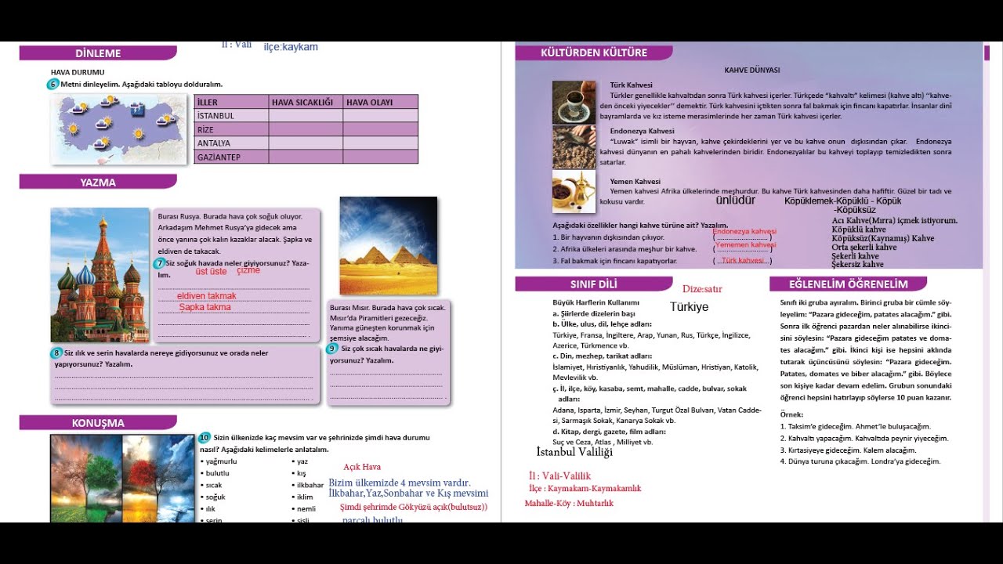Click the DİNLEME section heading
(98, 53)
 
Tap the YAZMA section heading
(98, 183)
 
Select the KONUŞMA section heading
(98, 423)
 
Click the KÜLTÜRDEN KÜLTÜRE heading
(594, 52)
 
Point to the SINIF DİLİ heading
(593, 284)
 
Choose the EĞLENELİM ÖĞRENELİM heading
(848, 284)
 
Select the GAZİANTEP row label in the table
(219, 157)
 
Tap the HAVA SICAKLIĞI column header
(302, 102)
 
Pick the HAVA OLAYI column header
(370, 102)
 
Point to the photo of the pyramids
(388, 245)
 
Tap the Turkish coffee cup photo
(574, 102)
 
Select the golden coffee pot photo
(574, 193)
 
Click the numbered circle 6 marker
(53, 84)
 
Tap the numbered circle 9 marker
(332, 349)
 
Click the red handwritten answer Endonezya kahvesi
(744, 232)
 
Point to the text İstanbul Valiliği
(574, 452)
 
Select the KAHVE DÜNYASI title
(751, 70)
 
